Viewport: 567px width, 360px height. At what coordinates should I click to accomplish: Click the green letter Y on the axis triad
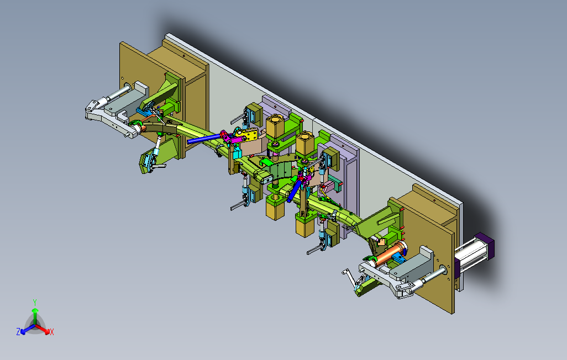click(x=35, y=302)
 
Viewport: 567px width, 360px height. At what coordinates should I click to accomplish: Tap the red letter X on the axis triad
click(x=52, y=332)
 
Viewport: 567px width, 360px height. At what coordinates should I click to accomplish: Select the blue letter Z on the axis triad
click(x=18, y=331)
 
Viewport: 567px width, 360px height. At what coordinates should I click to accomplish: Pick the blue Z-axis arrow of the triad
click(x=28, y=329)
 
